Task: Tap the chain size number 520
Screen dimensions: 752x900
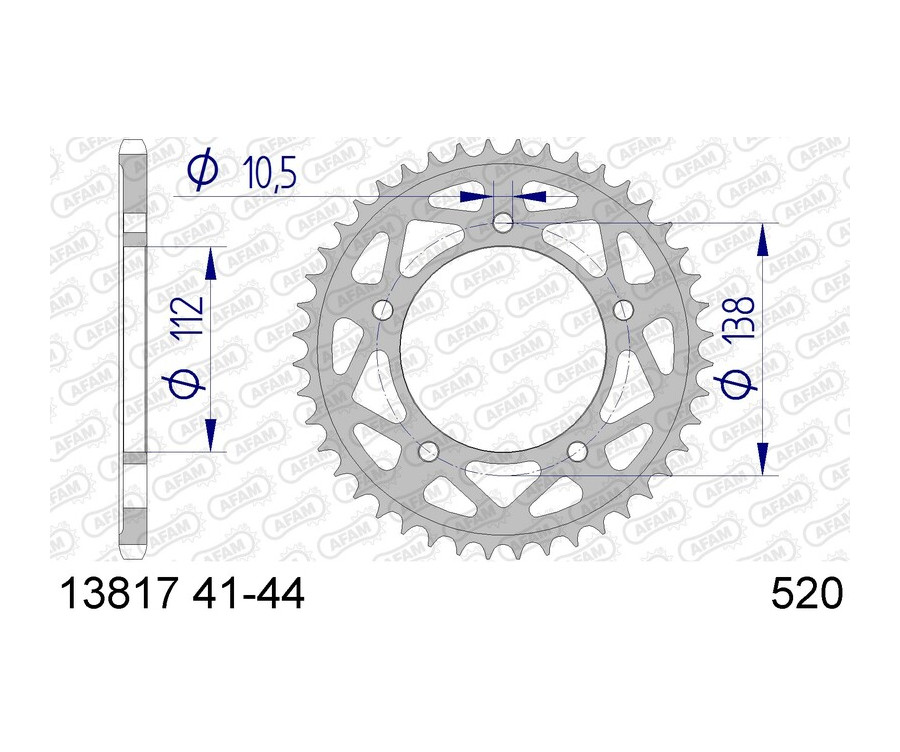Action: pyautogui.click(x=807, y=596)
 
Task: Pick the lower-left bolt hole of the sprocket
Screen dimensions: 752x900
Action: pyautogui.click(x=427, y=452)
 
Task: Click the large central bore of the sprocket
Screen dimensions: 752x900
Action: pyautogui.click(x=503, y=350)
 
